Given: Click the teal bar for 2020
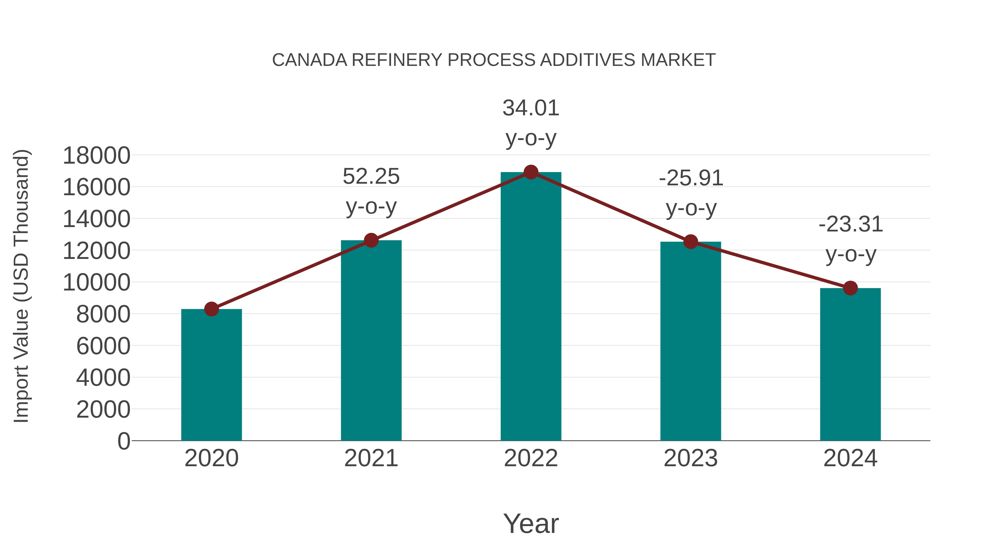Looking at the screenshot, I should [x=211, y=375].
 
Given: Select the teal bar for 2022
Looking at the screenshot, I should [x=531, y=307].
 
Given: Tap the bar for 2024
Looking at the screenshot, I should [x=850, y=365].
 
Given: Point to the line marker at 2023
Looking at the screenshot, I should [x=691, y=242].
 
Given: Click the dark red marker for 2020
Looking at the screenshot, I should [x=211, y=309].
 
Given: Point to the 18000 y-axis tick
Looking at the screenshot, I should [x=96, y=156].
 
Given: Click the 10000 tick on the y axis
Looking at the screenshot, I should [x=96, y=283].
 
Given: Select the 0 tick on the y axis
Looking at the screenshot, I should [x=123, y=441].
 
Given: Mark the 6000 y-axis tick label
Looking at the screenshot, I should [x=103, y=346].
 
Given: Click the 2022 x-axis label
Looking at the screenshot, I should [x=531, y=458].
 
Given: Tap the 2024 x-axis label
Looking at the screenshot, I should [x=850, y=458].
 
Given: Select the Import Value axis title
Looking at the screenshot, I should [x=21, y=286].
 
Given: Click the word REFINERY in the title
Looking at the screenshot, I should [x=397, y=60].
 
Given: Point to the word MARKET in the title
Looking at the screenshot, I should [x=678, y=60].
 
